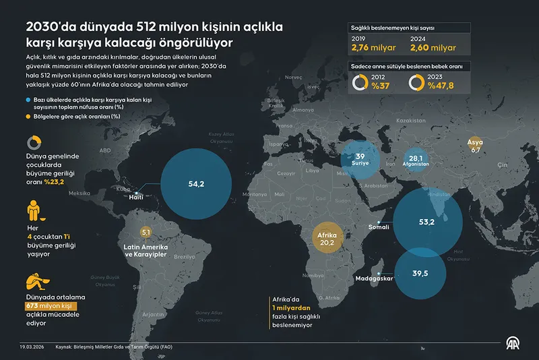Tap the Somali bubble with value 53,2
(427, 220)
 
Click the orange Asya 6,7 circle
(475, 146)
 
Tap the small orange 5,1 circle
(145, 233)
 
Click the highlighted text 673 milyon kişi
(44, 305)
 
